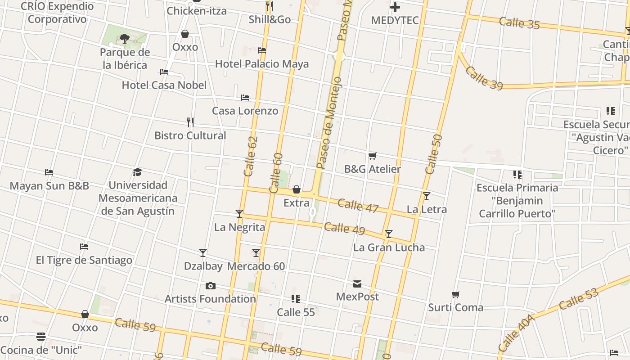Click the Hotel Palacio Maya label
[262, 64]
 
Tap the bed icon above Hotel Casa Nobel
[164, 72]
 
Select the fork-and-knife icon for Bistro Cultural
[190, 122]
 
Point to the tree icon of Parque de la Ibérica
[125, 39]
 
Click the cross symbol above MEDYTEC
[395, 7]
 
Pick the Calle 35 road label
[519, 23]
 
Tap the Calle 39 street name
[484, 78]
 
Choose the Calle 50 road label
[434, 154]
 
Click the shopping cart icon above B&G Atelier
[373, 156]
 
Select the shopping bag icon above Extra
[297, 190]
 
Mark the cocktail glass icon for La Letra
[427, 196]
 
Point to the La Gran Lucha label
[389, 247]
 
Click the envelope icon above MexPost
[357, 284]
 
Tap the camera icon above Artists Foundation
[210, 286]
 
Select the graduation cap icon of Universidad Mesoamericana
[138, 172]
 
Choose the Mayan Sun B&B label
[49, 186]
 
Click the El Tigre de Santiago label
[84, 260]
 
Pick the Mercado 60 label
[256, 266]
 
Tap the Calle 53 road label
[579, 301]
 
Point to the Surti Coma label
[455, 308]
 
